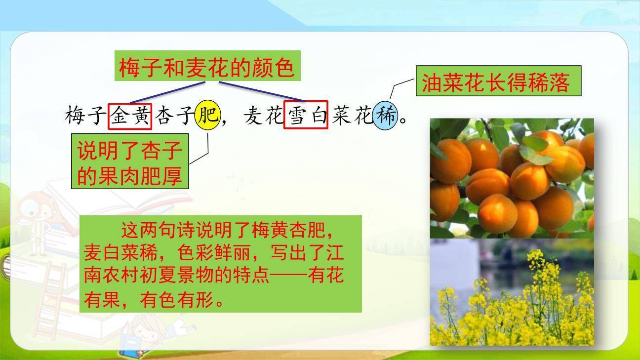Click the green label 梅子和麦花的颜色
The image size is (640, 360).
(x=207, y=66)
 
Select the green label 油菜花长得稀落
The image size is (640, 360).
(x=498, y=81)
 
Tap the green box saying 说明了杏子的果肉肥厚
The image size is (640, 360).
(x=129, y=161)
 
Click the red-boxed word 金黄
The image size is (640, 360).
(x=130, y=116)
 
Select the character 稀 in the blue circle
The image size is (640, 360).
(x=385, y=116)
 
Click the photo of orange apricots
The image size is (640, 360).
(x=512, y=178)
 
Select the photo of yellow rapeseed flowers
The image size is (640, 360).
(x=512, y=292)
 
